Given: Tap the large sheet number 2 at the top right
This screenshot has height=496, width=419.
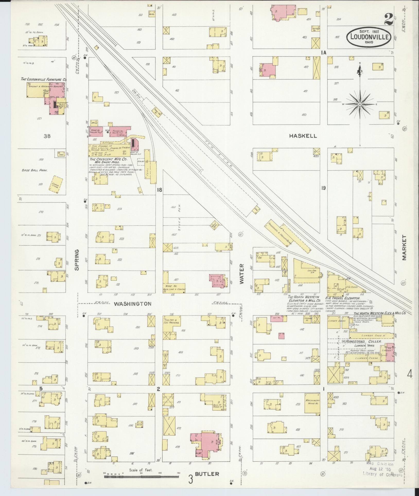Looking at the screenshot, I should point(389,19).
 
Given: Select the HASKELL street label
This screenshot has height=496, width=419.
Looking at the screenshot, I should point(303,136).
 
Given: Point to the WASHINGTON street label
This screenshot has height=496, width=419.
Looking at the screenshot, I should point(132,304).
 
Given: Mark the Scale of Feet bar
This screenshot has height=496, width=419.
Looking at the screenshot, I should point(141,477).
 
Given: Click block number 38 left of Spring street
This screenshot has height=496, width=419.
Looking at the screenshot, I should point(47,136).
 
